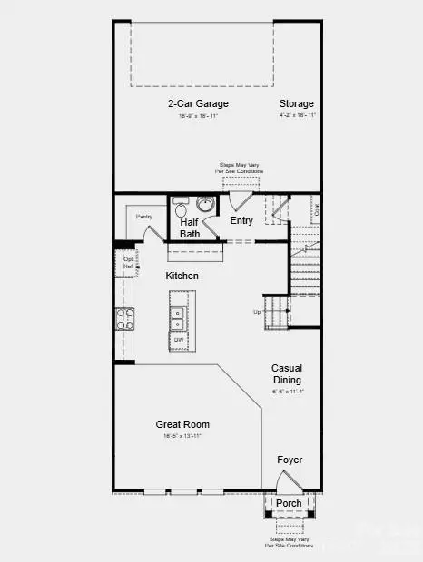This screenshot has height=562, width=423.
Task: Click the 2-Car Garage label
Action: coord(192,103)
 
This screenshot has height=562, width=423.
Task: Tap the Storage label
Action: coord(297,103)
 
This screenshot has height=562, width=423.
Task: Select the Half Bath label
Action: coord(190,228)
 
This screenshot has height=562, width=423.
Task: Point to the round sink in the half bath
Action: coord(205,204)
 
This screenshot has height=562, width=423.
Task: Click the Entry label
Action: coord(241,220)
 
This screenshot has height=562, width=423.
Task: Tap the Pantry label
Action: coord(143,217)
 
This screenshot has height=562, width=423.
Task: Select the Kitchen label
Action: coord(182,276)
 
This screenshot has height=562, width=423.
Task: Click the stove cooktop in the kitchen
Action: coord(124,318)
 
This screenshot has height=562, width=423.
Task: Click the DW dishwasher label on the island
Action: coord(180,340)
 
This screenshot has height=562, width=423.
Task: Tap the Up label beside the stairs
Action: coord(257,313)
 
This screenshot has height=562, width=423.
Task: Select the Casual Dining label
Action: coord(287,373)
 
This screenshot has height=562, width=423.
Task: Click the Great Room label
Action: coord(183,424)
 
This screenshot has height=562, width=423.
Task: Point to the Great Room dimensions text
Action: coord(183,436)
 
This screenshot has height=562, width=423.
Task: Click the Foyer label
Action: coord(290,460)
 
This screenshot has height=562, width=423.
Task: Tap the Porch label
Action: coord(289,503)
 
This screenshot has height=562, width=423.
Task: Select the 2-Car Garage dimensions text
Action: coord(192,116)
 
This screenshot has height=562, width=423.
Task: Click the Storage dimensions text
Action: coord(297,116)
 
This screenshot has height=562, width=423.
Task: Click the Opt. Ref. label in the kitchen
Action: coord(128,264)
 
